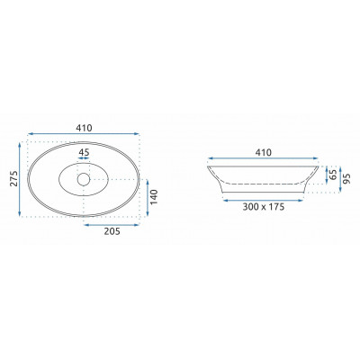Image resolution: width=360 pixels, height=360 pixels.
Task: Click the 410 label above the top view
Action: [84, 128]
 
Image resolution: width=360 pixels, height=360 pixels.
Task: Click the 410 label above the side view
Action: [263, 152]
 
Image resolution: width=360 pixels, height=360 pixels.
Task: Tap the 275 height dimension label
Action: [13, 178]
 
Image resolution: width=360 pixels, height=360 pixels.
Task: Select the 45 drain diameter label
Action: [84, 152]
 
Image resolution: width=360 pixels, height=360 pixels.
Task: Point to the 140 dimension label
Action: [154, 197]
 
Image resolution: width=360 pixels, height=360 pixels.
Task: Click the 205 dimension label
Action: [112, 231]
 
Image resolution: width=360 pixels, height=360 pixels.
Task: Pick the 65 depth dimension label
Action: [333, 175]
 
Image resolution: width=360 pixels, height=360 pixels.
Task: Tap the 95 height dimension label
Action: [347, 178]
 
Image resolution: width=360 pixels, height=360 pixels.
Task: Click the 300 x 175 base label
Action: [264, 207]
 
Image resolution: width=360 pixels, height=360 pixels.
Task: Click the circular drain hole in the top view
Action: [84, 179]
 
